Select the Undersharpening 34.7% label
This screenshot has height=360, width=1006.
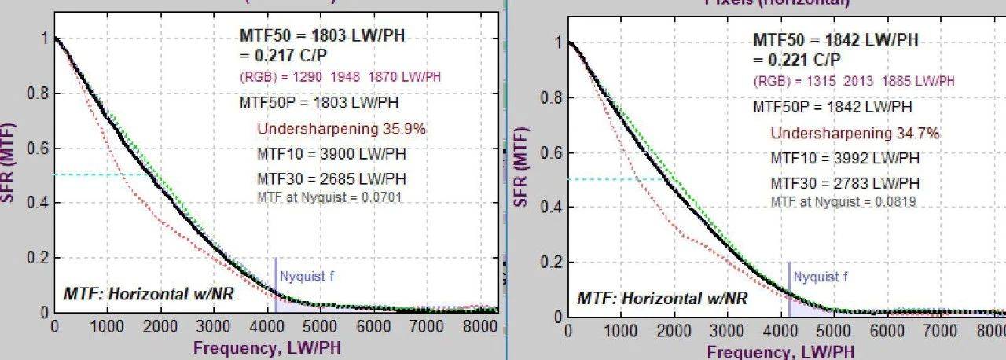point(854,134)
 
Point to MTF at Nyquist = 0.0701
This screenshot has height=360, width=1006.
point(329,197)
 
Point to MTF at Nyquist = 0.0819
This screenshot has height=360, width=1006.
point(843,202)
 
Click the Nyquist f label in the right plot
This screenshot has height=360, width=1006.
point(821,277)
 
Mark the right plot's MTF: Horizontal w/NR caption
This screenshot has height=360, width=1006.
point(663,299)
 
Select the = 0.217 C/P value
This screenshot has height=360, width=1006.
point(277,56)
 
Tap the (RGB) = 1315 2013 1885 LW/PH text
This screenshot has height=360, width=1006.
point(854,82)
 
